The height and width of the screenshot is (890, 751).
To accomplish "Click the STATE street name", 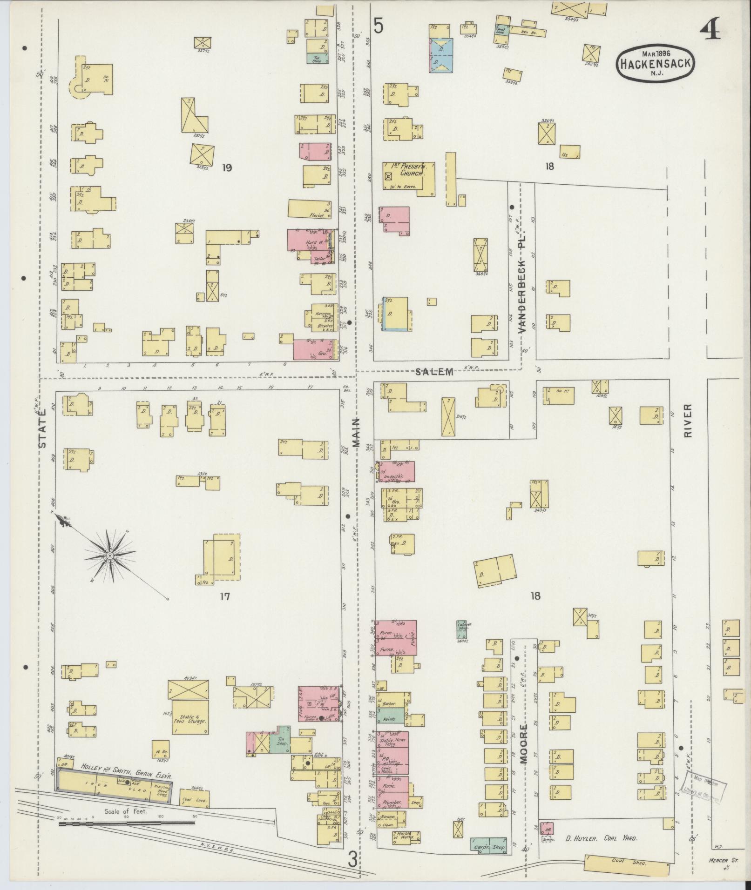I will [x=43, y=428].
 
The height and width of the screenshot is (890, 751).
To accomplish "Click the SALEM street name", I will [x=435, y=371].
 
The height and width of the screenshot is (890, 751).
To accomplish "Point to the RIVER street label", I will [x=689, y=420].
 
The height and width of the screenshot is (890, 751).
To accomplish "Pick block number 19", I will [x=227, y=167].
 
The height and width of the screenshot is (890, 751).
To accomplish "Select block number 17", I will [x=225, y=596].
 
